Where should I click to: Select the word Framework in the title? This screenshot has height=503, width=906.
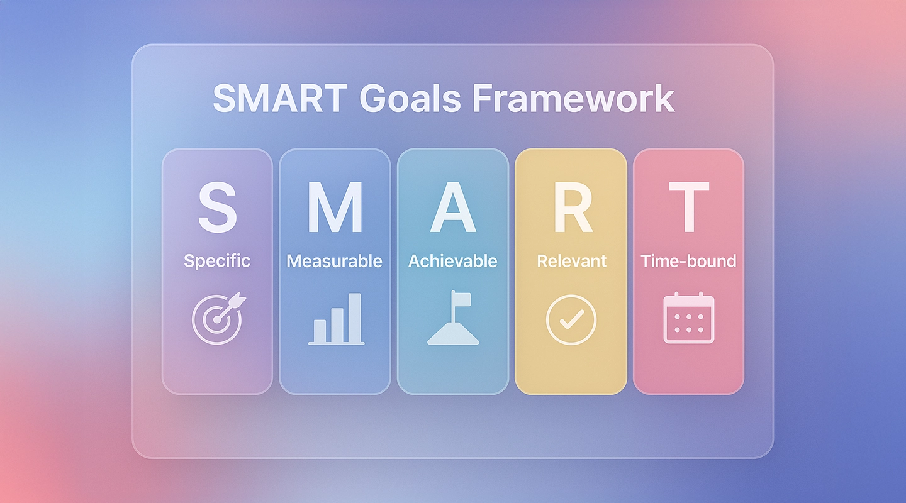[x=573, y=99]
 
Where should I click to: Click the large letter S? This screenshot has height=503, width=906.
[x=218, y=207]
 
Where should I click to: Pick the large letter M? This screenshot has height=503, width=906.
[x=335, y=207]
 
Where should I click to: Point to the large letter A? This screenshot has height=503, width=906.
[x=452, y=207]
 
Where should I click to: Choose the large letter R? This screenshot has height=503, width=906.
[x=572, y=207]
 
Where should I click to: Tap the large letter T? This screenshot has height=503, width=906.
[x=689, y=207]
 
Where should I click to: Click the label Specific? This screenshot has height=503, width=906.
[x=217, y=260]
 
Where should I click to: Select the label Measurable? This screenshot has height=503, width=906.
[x=335, y=260]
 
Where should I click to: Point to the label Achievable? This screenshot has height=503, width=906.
[x=453, y=260]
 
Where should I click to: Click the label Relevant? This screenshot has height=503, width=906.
[x=571, y=260]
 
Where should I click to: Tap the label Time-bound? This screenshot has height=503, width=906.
[x=689, y=260]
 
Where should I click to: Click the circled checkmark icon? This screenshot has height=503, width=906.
[x=571, y=319]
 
